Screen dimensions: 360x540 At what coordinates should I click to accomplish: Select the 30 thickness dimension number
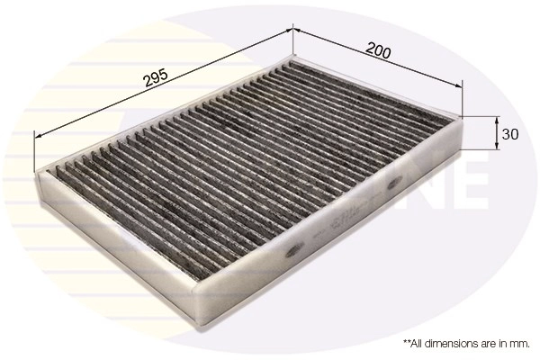[511, 135]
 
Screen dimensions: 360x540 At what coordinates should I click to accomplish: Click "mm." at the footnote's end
[519, 344]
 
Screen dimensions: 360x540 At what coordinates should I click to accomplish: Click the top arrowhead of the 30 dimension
[498, 119]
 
